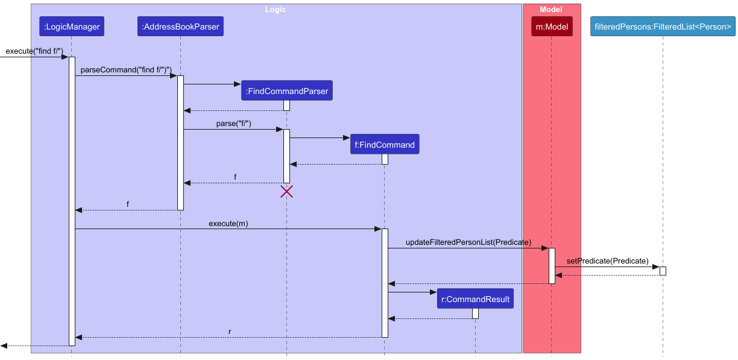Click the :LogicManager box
(71, 26)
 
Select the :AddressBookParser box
(180, 26)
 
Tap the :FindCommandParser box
(286, 91)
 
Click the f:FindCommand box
(384, 145)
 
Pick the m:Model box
(551, 26)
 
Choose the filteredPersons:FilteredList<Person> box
(663, 26)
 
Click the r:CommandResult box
(475, 299)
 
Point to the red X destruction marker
(286, 192)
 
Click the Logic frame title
(276, 10)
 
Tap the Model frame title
(551, 10)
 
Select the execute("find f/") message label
(34, 51)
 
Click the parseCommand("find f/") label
(126, 70)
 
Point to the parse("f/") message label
(233, 124)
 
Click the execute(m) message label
(228, 223)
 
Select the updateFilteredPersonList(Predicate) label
(468, 242)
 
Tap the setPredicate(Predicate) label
(607, 261)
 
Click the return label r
(229, 332)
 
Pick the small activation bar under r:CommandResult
(475, 314)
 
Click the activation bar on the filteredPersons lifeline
(663, 271)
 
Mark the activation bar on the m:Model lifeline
(551, 265)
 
